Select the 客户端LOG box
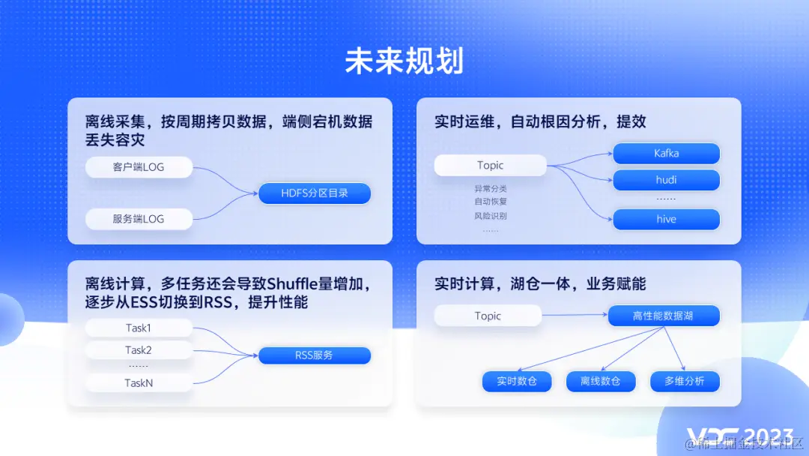139,167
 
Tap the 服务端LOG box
139,219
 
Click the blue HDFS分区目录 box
315,193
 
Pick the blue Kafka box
666,154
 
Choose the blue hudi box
666,180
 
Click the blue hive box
666,220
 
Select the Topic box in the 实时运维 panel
490,166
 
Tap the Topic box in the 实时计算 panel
488,316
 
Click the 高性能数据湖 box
663,316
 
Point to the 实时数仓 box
517,381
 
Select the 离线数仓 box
600,381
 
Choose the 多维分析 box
684,381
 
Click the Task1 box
139,328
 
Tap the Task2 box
139,350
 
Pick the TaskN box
139,383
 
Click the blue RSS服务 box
315,355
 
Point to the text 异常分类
490,189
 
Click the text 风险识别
490,216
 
